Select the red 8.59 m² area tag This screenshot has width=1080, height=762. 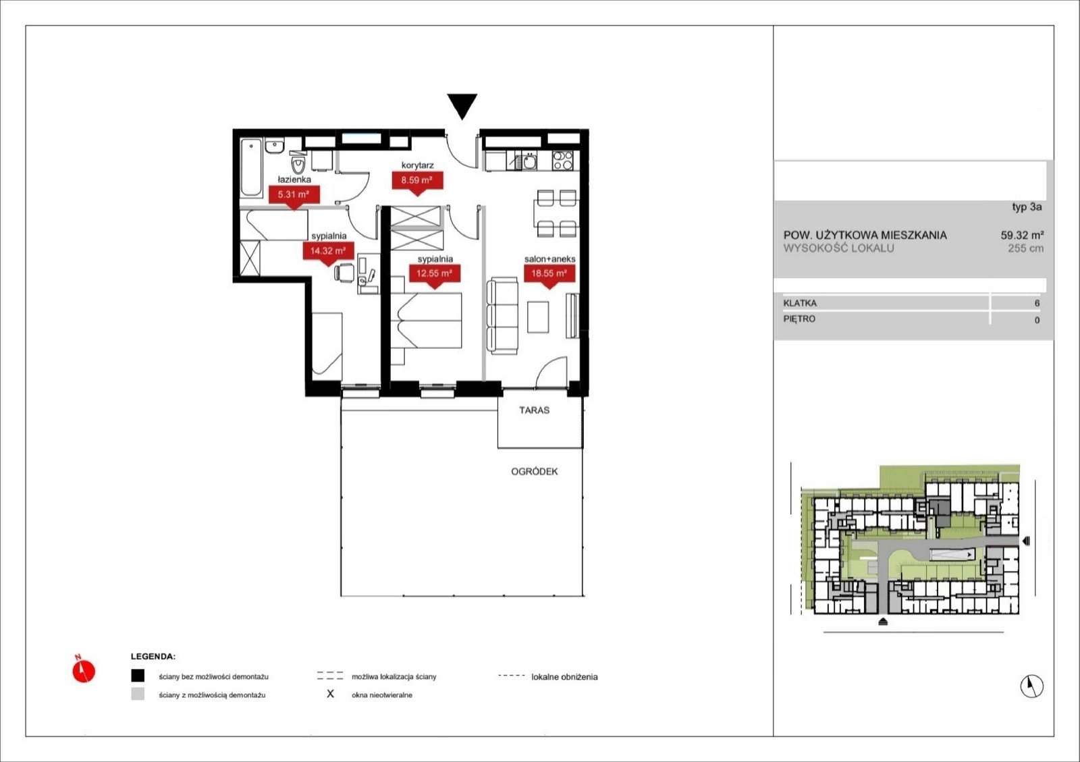click(417, 182)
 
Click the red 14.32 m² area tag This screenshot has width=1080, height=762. click(328, 252)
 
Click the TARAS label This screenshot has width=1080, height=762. click(534, 410)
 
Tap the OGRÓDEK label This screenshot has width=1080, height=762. click(534, 471)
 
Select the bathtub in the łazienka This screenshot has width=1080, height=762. click(251, 167)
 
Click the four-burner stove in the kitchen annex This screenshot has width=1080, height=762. click(563, 161)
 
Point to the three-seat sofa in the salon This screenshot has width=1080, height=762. click(502, 316)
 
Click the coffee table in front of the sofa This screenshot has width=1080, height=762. click(538, 317)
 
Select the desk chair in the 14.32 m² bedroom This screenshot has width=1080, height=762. click(344, 273)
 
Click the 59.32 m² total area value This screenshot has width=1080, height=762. click(1022, 235)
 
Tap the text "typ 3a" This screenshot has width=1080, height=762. click(1027, 207)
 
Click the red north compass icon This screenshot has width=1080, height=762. click(84, 670)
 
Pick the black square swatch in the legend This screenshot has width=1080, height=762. click(138, 676)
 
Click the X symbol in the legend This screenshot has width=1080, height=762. click(330, 694)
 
